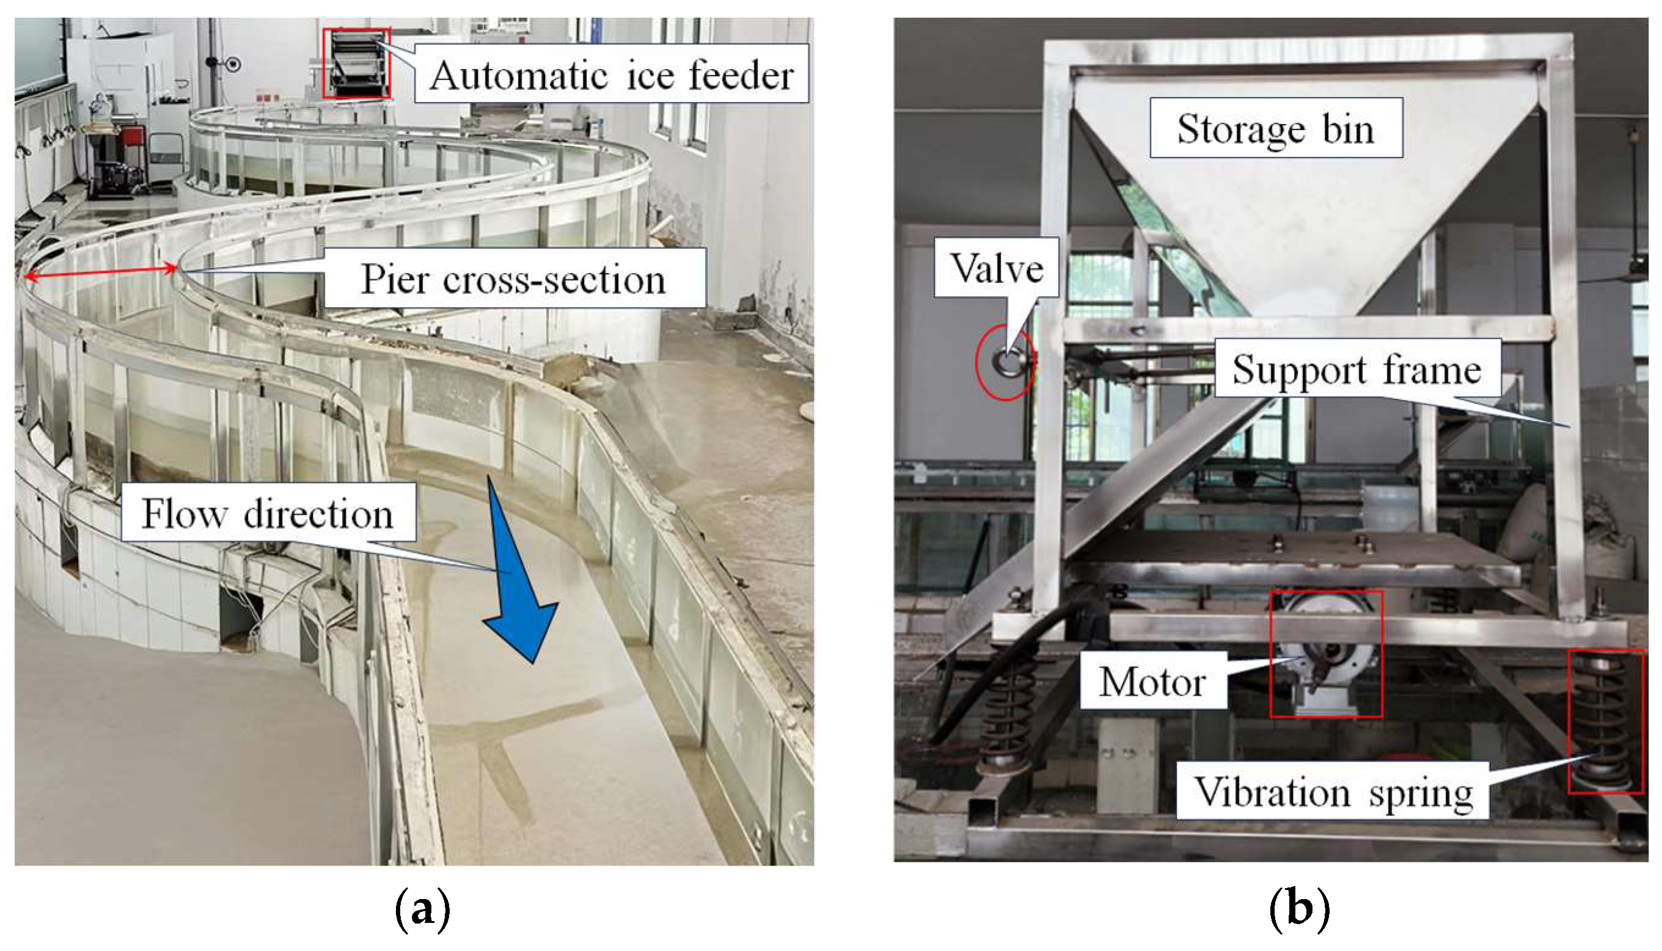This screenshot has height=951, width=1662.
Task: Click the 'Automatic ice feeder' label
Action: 612,75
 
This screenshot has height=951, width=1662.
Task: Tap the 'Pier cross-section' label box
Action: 514,279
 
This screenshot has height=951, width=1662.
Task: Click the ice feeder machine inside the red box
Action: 357,64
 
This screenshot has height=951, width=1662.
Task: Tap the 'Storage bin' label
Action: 1275,128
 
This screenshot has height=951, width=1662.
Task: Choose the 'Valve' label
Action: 997,268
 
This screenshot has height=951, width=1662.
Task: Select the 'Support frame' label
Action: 1356,369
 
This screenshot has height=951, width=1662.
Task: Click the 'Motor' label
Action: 1152,682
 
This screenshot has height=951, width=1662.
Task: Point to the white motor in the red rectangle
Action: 1325,653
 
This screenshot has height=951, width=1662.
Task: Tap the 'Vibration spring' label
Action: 1333,792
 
